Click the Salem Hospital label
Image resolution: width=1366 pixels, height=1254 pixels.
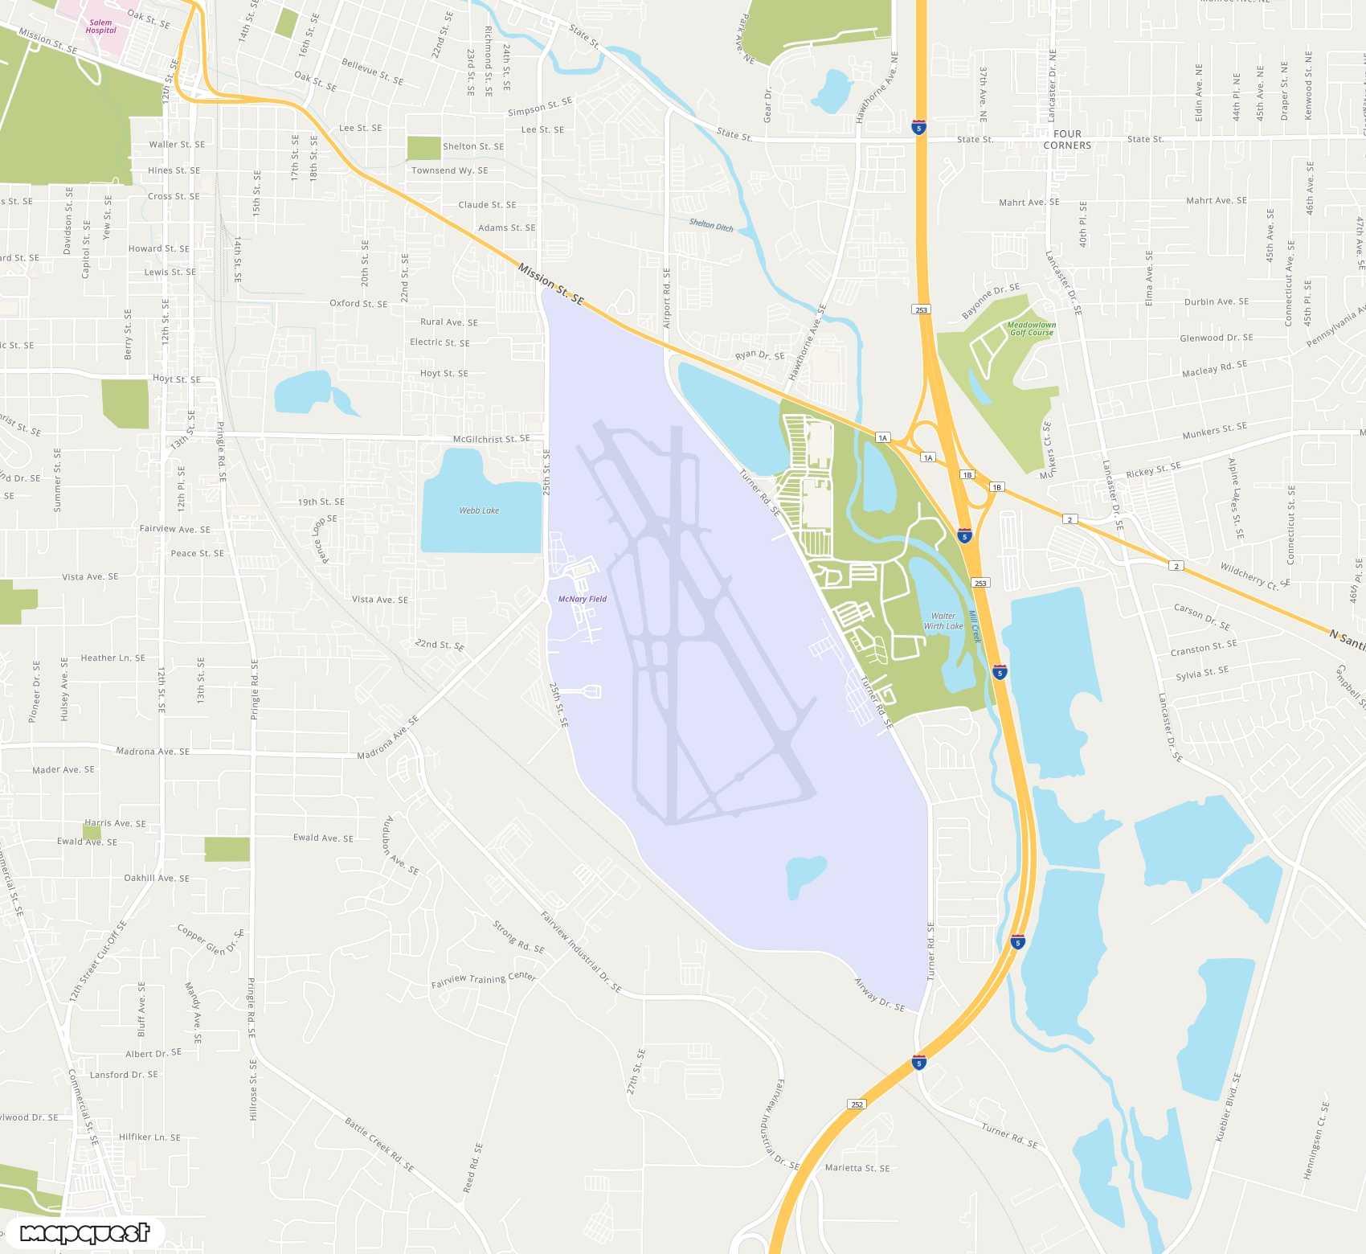(101, 27)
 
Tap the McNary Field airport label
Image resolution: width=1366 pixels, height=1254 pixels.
(582, 599)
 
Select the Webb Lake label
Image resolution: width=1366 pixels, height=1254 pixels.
(479, 510)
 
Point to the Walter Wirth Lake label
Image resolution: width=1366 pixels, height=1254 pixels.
(943, 621)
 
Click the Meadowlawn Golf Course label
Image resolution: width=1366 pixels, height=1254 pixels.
(1032, 329)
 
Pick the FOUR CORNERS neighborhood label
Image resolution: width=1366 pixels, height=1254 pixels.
(1067, 140)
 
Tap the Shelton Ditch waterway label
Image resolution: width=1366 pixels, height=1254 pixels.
(711, 225)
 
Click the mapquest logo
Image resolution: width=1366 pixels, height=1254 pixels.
(84, 1232)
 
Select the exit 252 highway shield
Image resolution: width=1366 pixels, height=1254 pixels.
(857, 1104)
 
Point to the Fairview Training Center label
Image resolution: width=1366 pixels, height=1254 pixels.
(483, 979)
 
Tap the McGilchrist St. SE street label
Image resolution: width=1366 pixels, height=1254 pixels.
(491, 439)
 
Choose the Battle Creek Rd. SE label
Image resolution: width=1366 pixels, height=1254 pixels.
(379, 1143)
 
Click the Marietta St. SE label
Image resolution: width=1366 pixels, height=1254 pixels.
(857, 1168)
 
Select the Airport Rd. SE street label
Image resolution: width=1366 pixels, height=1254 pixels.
(666, 298)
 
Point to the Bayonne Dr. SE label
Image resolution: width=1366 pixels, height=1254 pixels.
(991, 300)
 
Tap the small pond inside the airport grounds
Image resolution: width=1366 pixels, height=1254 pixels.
(805, 875)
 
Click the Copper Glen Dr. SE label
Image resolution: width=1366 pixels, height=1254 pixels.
(210, 939)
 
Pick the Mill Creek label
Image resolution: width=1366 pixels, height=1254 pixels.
(975, 626)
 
